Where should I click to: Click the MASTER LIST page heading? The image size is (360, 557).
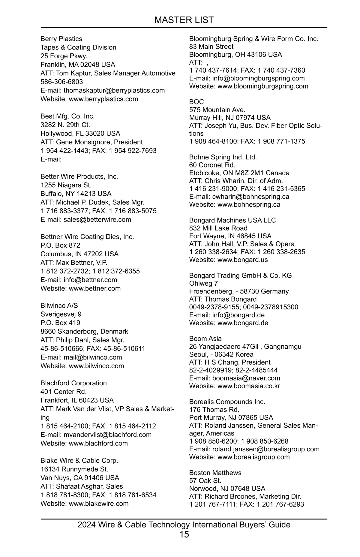pyautogui.click(x=184, y=20)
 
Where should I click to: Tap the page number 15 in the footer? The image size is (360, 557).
pyautogui.click(x=184, y=534)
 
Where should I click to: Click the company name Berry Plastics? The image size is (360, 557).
pyautogui.click(x=61, y=39)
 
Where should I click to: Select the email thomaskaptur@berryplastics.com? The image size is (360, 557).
pyautogui.click(x=114, y=90)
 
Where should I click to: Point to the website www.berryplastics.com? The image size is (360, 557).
pyautogui.click(x=103, y=99)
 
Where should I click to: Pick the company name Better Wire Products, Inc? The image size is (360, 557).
pyautogui.click(x=79, y=176)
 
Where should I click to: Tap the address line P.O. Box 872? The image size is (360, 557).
pyautogui.click(x=60, y=245)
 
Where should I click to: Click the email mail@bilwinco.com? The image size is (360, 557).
pyautogui.click(x=93, y=357)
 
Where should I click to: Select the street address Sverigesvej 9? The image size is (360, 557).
pyautogui.click(x=61, y=314)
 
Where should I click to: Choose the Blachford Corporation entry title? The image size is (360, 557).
pyautogui.click(x=73, y=383)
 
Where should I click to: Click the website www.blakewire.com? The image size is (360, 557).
pyautogui.click(x=99, y=504)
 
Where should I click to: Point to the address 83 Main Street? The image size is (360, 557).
pyautogui.click(x=211, y=47)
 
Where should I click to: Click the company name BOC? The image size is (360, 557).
pyautogui.click(x=196, y=102)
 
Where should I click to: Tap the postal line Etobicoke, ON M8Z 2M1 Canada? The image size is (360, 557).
pyautogui.click(x=239, y=173)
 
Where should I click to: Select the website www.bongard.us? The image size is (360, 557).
pyautogui.click(x=242, y=260)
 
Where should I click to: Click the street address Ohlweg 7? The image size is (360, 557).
pyautogui.click(x=203, y=283)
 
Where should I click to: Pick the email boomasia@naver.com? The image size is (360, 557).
pyautogui.click(x=246, y=378)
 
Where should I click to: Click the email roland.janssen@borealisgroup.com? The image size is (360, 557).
pyautogui.click(x=266, y=449)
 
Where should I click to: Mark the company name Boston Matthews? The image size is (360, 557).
pyautogui.click(x=215, y=473)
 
